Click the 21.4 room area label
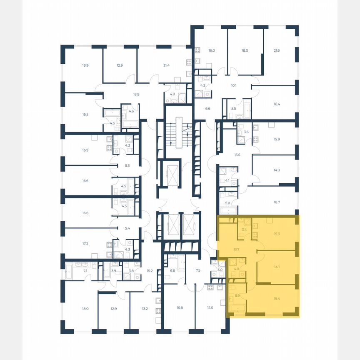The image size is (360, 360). [167, 65]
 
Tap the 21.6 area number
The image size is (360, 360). [276, 50]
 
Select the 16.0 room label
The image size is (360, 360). [212, 50]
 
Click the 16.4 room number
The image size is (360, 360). [277, 105]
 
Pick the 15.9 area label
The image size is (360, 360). [277, 139]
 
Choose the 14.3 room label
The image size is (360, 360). [277, 170]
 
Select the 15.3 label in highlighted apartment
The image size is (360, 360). [277, 234]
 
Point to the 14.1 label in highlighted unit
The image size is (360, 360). [277, 267]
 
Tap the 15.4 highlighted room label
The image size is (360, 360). [277, 298]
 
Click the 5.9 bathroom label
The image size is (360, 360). [237, 296]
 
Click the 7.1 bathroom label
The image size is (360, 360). [85, 271]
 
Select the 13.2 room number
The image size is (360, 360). [145, 308]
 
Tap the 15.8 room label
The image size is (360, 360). [180, 307]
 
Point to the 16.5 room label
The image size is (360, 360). [85, 114]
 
